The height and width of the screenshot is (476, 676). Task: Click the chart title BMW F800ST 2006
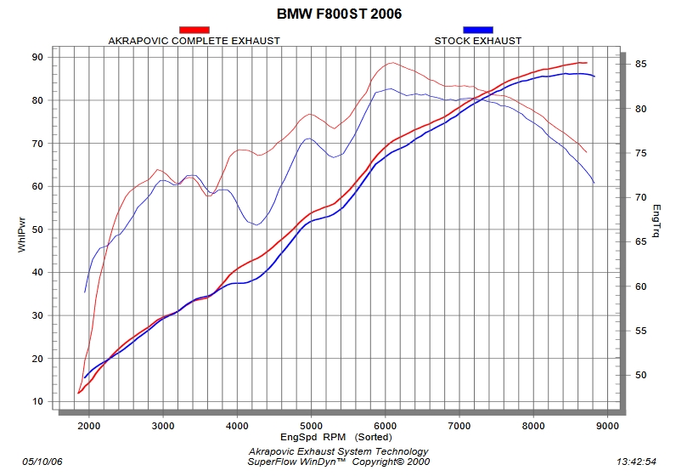339,14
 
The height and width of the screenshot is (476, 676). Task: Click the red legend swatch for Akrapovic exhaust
194,30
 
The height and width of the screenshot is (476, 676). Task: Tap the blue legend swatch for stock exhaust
477,30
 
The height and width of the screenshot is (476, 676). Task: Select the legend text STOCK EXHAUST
477,40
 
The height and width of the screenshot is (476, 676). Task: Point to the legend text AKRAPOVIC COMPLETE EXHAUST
194,40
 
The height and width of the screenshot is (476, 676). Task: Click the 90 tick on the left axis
37,57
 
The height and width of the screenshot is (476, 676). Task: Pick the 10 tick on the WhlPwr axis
37,401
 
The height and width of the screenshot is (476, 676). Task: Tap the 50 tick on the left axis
37,229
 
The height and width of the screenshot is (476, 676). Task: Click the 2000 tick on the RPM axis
88,426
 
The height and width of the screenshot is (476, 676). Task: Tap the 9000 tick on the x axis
607,426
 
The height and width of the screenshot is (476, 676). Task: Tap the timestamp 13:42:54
635,461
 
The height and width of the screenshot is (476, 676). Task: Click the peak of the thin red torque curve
392,63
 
